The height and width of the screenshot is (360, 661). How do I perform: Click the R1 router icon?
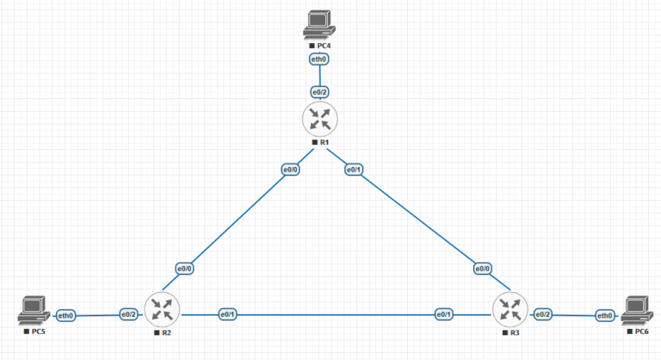(x=320, y=118)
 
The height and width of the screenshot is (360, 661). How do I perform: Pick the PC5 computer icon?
(x=34, y=308)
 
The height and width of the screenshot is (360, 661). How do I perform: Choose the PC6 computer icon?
(x=634, y=308)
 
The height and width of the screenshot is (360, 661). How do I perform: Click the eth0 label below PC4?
(x=318, y=59)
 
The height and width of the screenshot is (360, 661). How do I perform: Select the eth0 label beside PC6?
(x=605, y=316)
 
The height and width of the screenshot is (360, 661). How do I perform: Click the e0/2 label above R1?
(x=319, y=91)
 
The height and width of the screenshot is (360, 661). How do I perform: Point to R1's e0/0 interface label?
(x=290, y=170)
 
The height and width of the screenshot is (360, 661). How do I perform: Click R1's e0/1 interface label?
(x=353, y=170)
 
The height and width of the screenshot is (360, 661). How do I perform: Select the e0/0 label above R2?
(x=184, y=268)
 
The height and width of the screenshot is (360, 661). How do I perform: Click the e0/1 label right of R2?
(x=227, y=314)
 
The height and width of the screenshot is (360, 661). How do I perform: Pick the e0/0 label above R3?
(x=483, y=268)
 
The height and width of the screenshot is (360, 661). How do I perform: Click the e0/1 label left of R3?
(x=444, y=314)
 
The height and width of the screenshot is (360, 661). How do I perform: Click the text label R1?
(x=324, y=141)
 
